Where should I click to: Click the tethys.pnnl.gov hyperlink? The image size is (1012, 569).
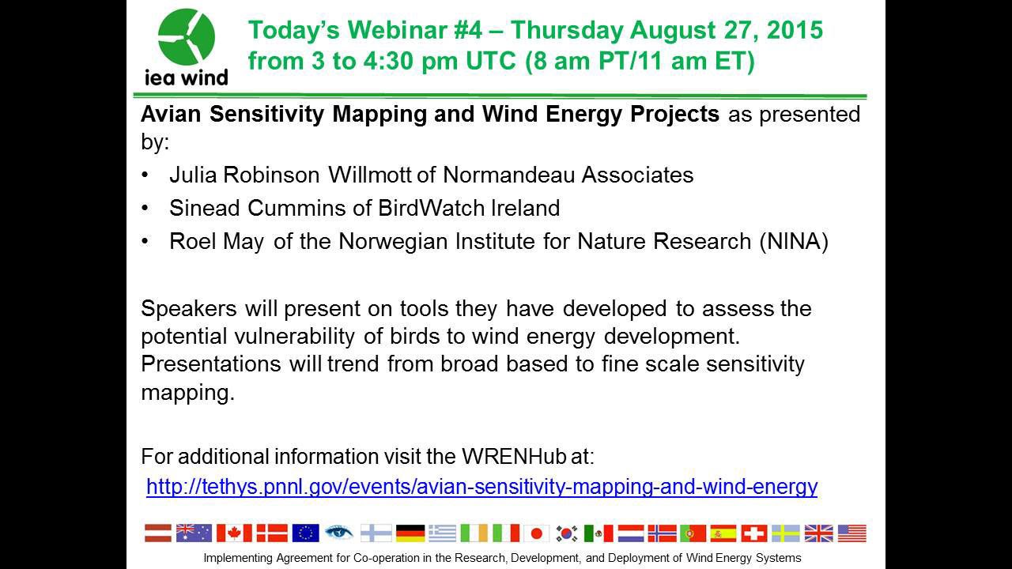point(481,486)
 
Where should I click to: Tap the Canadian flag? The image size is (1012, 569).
point(229,533)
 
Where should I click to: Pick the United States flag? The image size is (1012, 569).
point(852,533)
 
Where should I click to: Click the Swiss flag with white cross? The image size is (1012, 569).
point(753,533)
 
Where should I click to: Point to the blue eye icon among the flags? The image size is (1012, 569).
point(338,533)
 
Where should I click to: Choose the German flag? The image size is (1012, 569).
point(410,533)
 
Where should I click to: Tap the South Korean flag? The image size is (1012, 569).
point(567,533)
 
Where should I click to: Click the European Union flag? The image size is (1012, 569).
point(305,533)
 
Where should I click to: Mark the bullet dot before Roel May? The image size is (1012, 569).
point(145,242)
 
